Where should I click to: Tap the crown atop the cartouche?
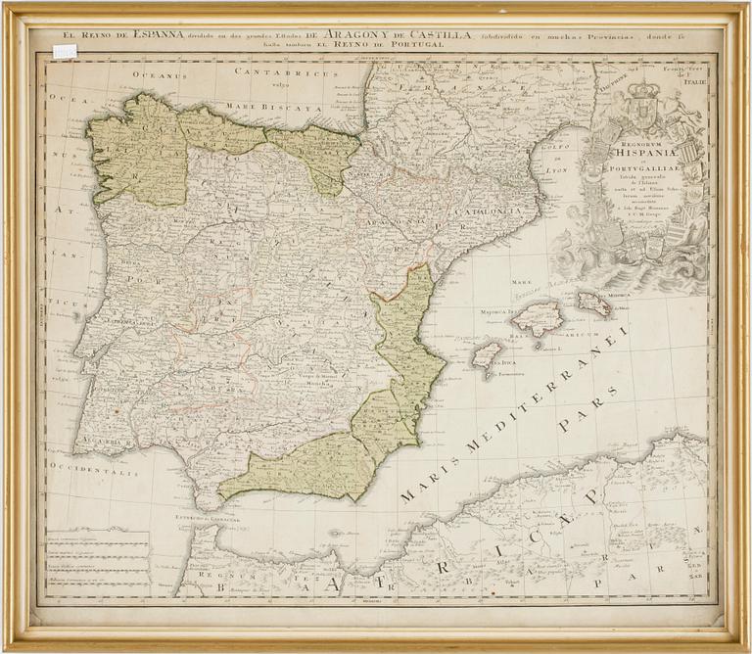(644, 91)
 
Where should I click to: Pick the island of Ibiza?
(487, 353)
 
